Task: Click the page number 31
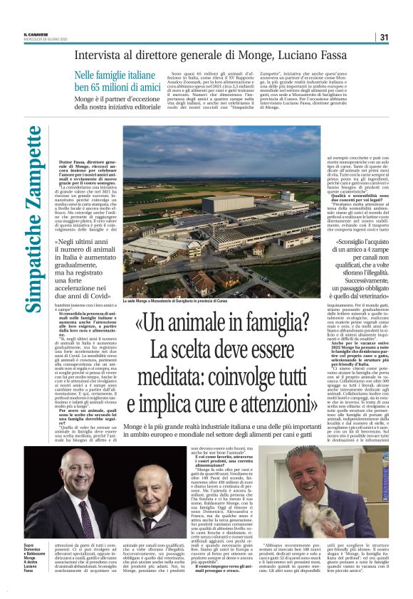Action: pyautogui.click(x=383, y=37)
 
